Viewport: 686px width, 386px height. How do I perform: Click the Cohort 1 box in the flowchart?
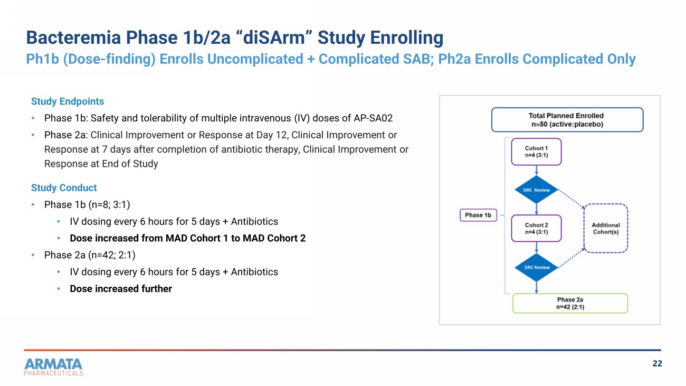tap(536, 152)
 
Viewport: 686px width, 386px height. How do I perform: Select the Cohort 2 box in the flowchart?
tap(536, 228)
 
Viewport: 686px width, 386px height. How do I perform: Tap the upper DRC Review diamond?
tap(536, 190)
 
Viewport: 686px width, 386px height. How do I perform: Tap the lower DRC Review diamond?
tap(536, 267)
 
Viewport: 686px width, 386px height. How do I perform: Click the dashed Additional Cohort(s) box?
tap(606, 228)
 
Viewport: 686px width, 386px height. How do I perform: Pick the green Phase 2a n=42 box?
tap(570, 303)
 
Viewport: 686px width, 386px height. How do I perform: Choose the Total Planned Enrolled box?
tap(567, 120)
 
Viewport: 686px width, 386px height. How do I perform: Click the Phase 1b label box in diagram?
tap(478, 215)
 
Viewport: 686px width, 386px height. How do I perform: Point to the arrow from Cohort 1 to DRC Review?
tap(536, 171)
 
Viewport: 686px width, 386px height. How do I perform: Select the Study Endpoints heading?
tap(68, 101)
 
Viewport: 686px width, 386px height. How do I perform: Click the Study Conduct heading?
tap(64, 188)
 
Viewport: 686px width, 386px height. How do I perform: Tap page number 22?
tap(657, 363)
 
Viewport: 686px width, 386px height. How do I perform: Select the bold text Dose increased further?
tap(121, 289)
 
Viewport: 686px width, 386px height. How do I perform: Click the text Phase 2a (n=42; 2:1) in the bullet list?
tap(90, 255)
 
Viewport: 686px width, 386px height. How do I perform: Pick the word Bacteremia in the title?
tap(73, 37)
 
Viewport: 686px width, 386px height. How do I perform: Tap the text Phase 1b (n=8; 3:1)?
tap(87, 205)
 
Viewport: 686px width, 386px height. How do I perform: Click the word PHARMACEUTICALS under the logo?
tap(54, 373)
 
